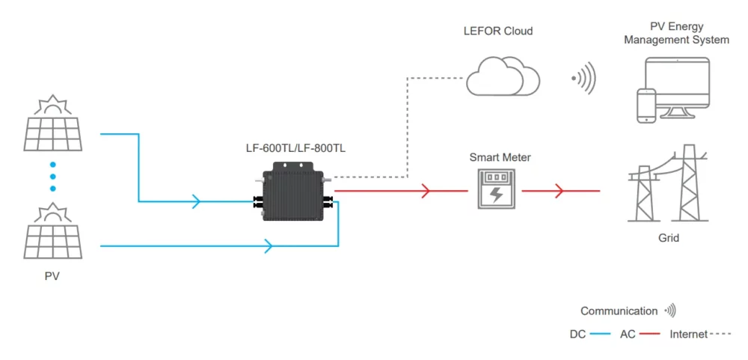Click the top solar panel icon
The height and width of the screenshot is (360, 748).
click(x=52, y=123)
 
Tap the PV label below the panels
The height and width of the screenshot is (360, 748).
click(x=52, y=276)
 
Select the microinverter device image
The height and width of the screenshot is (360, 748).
click(x=294, y=192)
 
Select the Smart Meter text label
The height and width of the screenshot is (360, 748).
click(x=494, y=157)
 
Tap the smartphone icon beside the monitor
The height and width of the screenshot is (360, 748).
click(x=646, y=106)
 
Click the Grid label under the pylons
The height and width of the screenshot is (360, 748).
click(x=669, y=238)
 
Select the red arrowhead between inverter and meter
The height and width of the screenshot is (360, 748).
click(x=426, y=191)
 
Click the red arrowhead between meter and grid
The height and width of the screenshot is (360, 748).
click(x=558, y=191)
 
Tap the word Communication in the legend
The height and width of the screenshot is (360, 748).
click(x=619, y=311)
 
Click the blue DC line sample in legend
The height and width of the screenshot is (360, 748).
click(x=601, y=334)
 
